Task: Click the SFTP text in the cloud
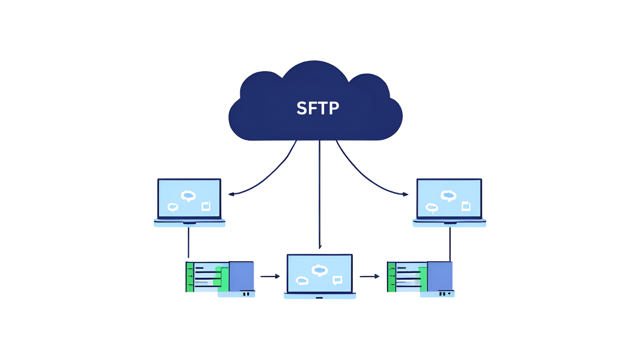(x=318, y=109)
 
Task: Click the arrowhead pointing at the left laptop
(x=231, y=194)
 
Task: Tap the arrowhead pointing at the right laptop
(x=405, y=194)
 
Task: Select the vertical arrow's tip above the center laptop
(x=320, y=247)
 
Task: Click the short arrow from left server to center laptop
(x=270, y=276)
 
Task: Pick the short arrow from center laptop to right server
(x=369, y=276)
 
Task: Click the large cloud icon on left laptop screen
(x=188, y=196)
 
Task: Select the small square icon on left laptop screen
(x=206, y=206)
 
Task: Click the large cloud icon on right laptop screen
(x=448, y=196)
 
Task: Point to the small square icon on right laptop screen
(x=466, y=206)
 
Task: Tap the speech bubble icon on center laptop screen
(x=337, y=280)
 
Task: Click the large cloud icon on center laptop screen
(x=319, y=270)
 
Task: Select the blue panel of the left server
(x=242, y=276)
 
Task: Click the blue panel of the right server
(x=440, y=276)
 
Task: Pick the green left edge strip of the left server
(x=190, y=277)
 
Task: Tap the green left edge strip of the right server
(x=391, y=277)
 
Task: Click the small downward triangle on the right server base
(x=449, y=294)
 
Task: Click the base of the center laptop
(x=319, y=296)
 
